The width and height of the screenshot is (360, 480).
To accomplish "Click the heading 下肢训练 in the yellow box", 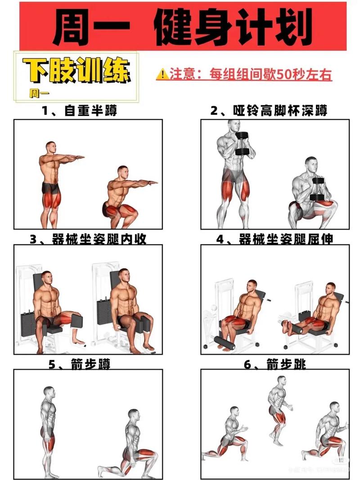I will point(77,71).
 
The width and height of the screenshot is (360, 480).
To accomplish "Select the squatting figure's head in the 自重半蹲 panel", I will point(123,171).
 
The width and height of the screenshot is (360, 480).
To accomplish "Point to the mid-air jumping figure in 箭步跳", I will point(279,407).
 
